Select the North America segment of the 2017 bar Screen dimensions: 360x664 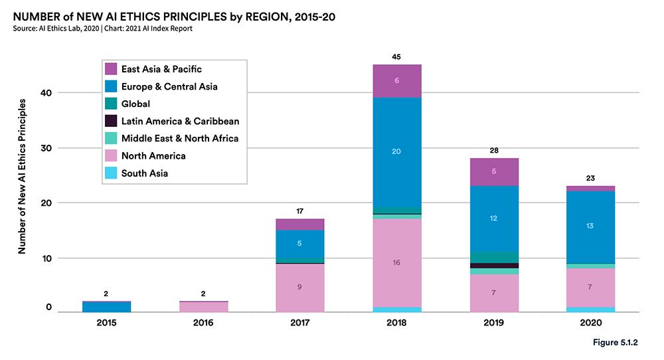coord(300,288)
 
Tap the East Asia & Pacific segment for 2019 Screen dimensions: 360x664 coord(494,171)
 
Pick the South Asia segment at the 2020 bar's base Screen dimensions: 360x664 coord(591,310)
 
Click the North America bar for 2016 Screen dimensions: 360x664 coord(204,307)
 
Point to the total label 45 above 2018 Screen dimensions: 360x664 coord(396,56)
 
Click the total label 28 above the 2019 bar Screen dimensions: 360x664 coord(494,150)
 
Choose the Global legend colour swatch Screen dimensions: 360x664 coord(111,104)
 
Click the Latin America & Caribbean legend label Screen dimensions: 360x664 coord(180,121)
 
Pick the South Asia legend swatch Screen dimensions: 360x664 coord(111,173)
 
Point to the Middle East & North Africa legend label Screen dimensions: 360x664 coord(179,138)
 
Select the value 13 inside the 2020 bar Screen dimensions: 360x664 coord(591,226)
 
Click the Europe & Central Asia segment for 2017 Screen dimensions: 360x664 coord(300,244)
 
